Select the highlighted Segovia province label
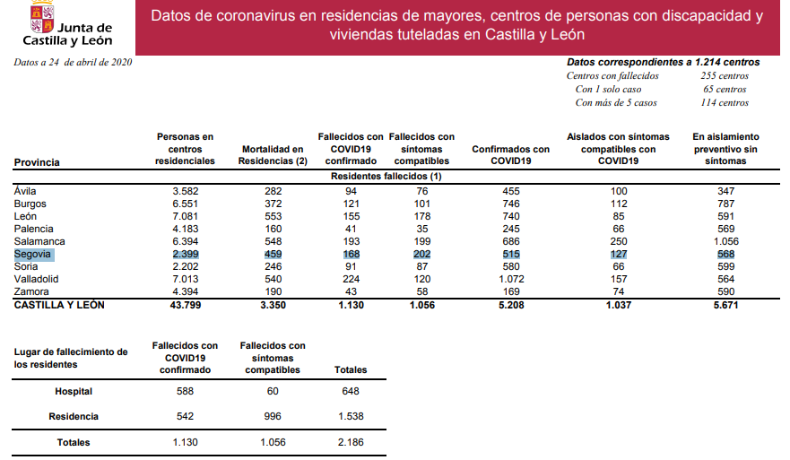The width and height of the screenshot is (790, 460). tap(32, 255)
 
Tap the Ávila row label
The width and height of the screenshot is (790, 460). tap(26, 191)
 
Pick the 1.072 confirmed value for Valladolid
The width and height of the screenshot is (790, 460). tap(511, 280)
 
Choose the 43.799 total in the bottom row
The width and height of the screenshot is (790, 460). tap(185, 306)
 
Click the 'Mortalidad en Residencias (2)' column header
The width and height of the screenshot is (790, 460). tap(273, 155)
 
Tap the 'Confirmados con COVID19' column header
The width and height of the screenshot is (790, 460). tap(511, 155)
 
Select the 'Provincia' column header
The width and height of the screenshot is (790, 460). tap(38, 162)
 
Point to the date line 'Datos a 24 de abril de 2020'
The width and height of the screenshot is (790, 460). tap(74, 62)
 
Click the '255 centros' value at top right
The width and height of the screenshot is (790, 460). tap(725, 76)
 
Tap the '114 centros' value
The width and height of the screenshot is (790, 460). tap(725, 103)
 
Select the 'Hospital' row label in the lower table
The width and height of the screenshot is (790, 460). tap(74, 392)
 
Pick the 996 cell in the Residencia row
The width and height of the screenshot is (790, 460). tap(273, 417)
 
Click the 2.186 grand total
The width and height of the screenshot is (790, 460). tap(350, 442)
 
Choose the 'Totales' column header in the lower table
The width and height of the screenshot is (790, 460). tap(350, 370)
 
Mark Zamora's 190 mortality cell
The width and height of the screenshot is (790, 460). tap(273, 292)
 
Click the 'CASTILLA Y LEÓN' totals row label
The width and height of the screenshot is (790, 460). tap(59, 306)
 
